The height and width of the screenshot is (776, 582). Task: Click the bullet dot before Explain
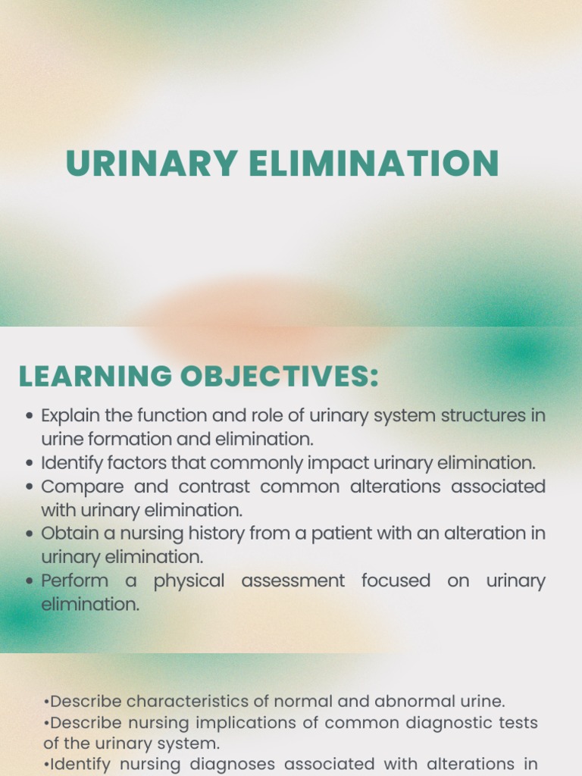30,416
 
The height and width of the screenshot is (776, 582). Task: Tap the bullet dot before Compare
30,487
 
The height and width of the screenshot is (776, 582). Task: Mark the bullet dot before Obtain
30,533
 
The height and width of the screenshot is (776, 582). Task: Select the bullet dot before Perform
30,581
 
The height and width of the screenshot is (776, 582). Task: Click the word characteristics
187,702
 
